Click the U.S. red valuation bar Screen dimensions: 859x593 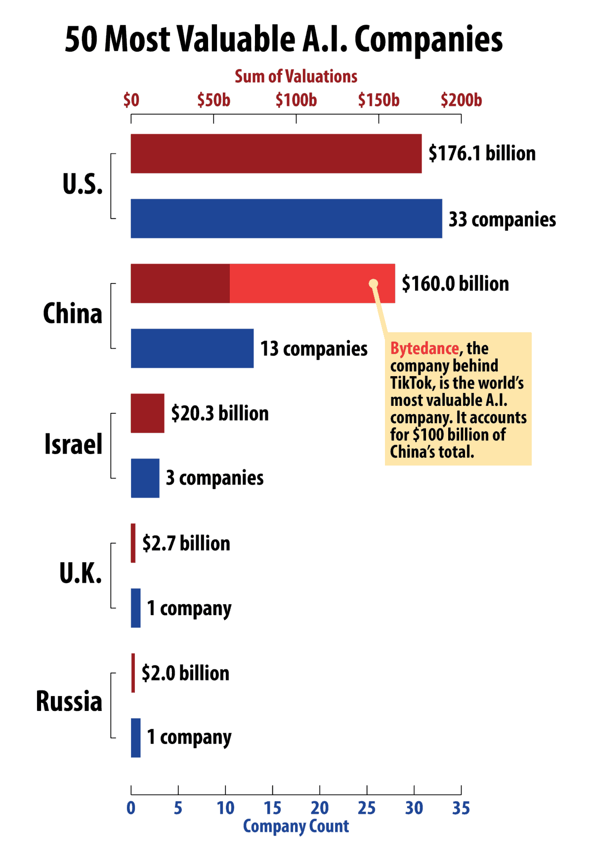pos(276,154)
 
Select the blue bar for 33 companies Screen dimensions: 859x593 pos(286,218)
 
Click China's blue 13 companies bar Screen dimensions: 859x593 pos(192,348)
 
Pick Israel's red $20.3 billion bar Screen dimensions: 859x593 pos(147,413)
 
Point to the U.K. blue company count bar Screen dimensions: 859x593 pos(135,608)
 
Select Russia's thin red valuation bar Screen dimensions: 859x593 pos(133,673)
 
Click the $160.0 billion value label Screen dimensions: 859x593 pos(455,284)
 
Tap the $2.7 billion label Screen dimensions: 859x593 pos(186,543)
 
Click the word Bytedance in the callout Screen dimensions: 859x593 pos(424,349)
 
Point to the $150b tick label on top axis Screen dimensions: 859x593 pos(379,100)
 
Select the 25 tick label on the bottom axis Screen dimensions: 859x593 pos(367,808)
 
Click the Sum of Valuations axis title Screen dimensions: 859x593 pos(296,77)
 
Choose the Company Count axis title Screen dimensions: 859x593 pos(296,826)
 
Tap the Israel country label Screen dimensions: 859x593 pos(73,444)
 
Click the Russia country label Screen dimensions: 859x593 pos(69,701)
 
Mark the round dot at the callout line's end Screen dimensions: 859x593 pos(374,283)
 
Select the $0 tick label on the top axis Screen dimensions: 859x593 pos(131,100)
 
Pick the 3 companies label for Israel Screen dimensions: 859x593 pos(214,478)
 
